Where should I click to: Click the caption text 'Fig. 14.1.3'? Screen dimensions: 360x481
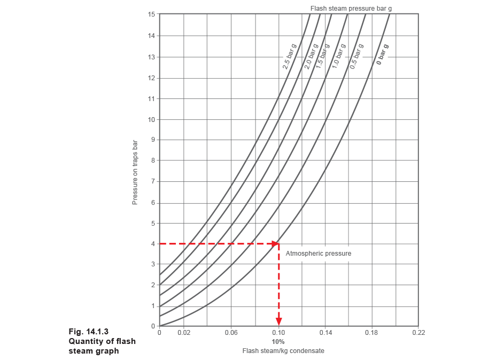click(x=89, y=331)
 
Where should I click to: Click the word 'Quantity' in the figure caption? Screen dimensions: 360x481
click(x=84, y=341)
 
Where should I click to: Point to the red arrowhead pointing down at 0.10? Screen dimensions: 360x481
click(x=278, y=321)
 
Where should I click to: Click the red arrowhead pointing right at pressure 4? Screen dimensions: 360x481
click(x=276, y=244)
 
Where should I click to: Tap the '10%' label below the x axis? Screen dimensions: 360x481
click(x=278, y=341)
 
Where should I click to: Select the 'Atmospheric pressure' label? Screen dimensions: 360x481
click(x=319, y=253)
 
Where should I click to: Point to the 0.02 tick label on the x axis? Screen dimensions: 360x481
click(x=183, y=333)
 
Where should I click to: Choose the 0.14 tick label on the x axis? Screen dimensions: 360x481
click(x=325, y=333)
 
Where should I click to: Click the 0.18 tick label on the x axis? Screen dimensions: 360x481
click(x=372, y=333)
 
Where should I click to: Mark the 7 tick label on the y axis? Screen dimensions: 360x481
click(x=153, y=181)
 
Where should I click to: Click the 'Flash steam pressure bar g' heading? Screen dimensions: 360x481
click(x=352, y=8)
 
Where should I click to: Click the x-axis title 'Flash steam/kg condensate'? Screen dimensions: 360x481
click(x=283, y=351)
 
